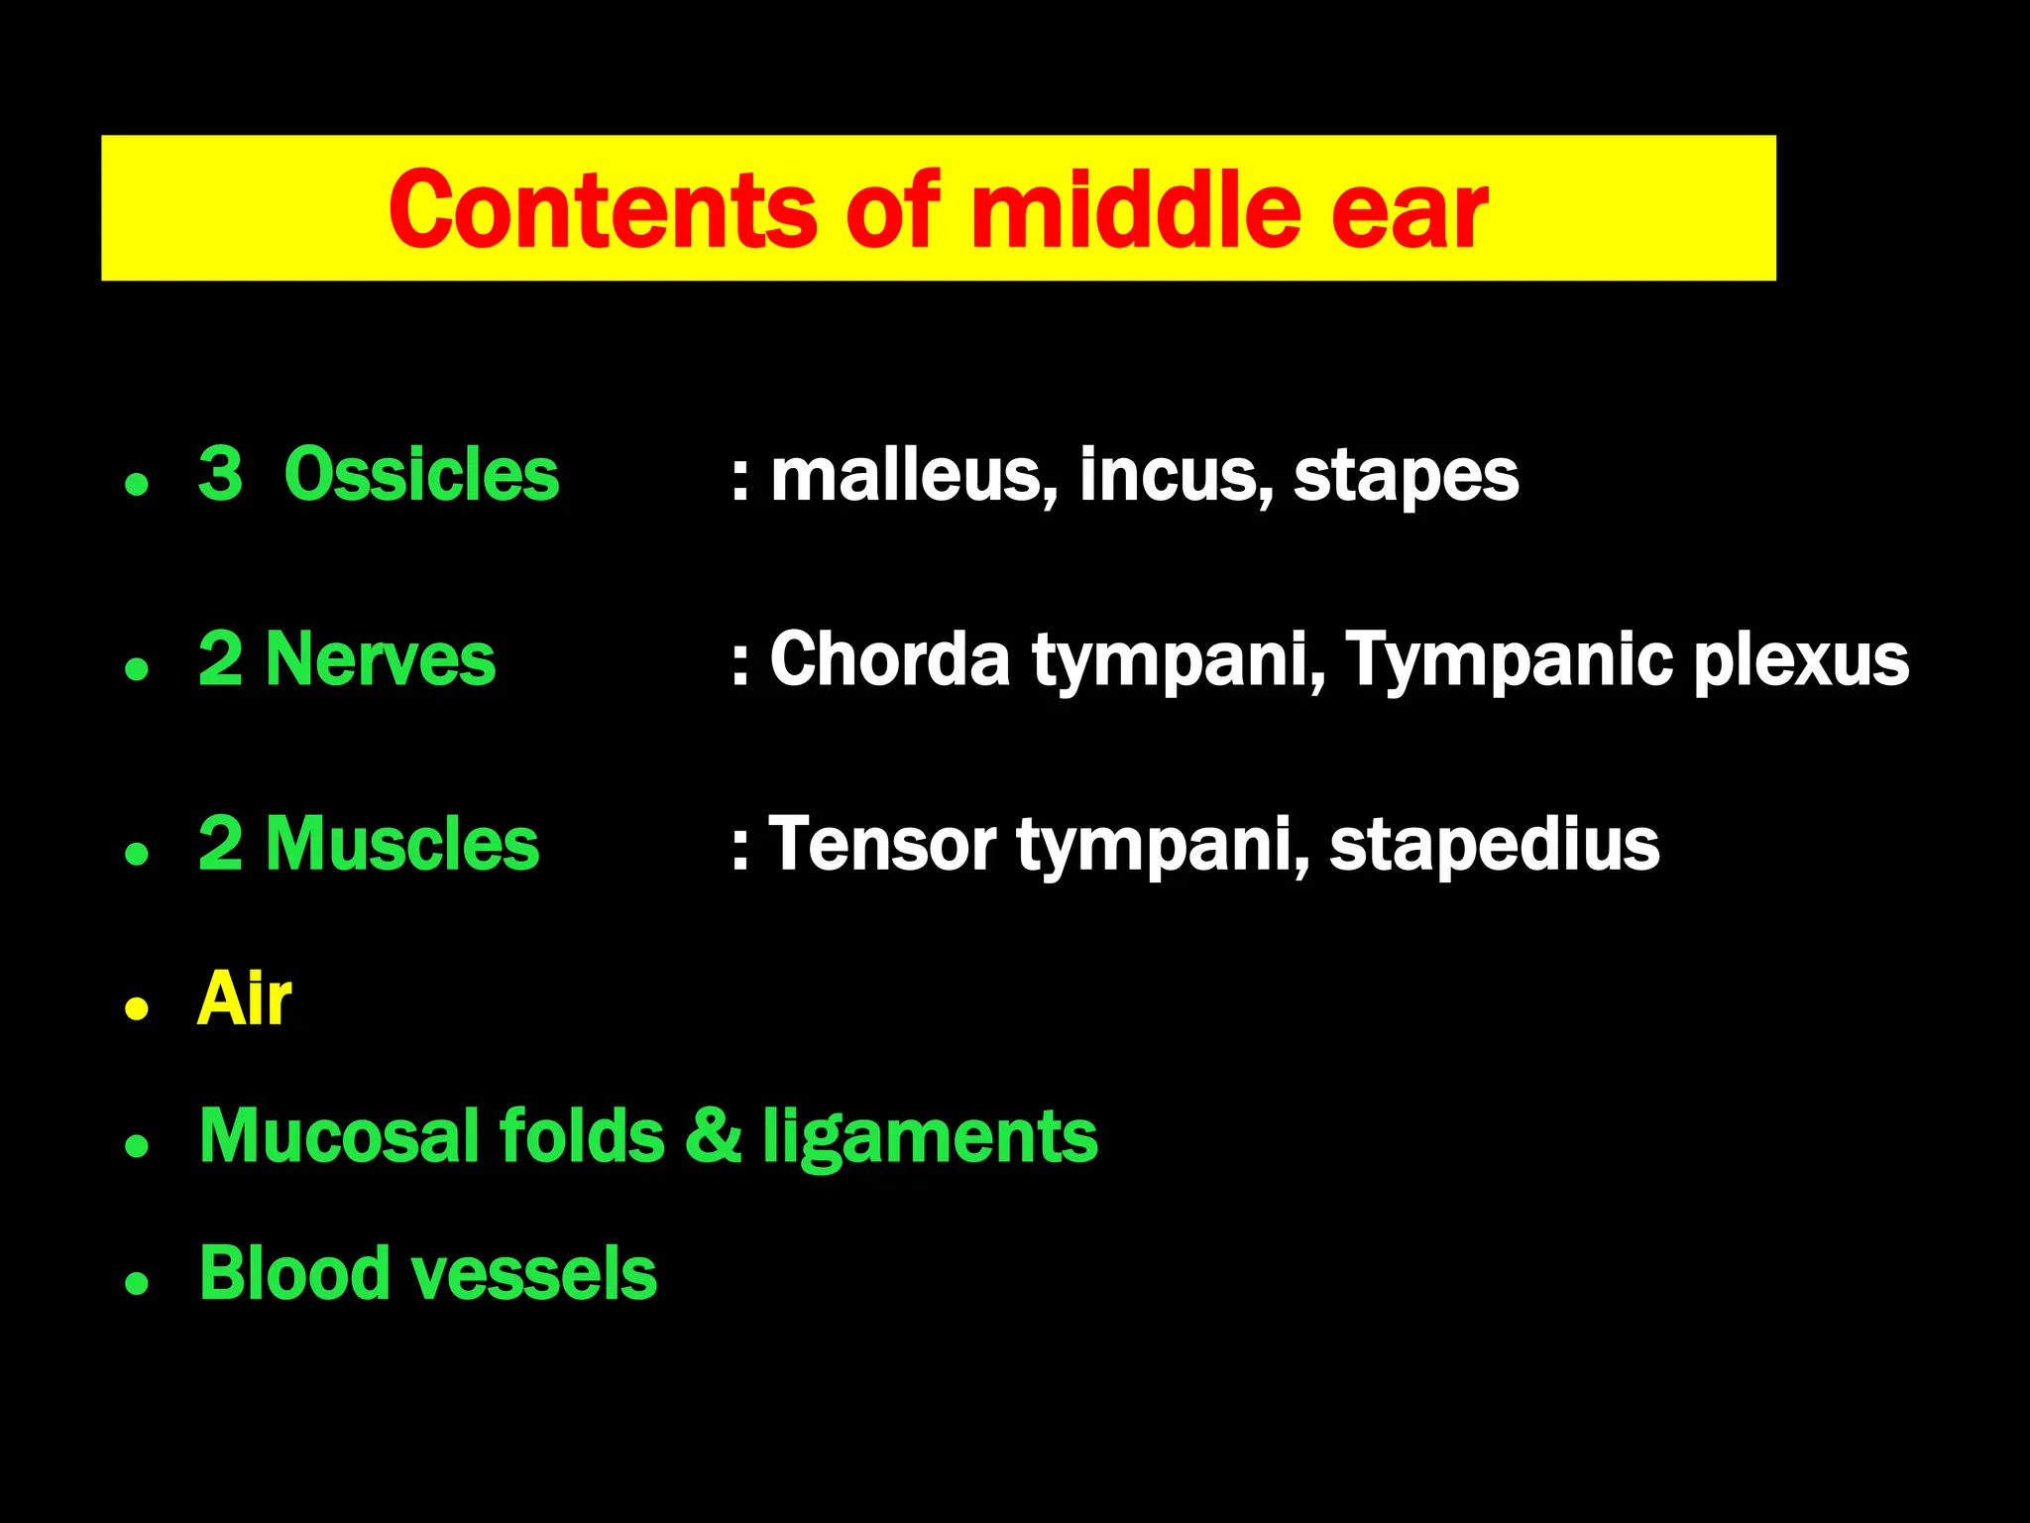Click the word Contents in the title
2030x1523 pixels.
602,210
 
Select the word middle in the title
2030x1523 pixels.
1134,210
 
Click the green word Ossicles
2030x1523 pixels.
421,475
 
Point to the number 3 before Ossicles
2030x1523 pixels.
220,475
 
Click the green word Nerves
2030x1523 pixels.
380,659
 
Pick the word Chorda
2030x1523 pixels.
889,660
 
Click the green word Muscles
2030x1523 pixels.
401,845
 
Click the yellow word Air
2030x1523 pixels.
244,999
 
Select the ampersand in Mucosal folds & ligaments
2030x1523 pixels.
713,1136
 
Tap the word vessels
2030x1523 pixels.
533,1274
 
